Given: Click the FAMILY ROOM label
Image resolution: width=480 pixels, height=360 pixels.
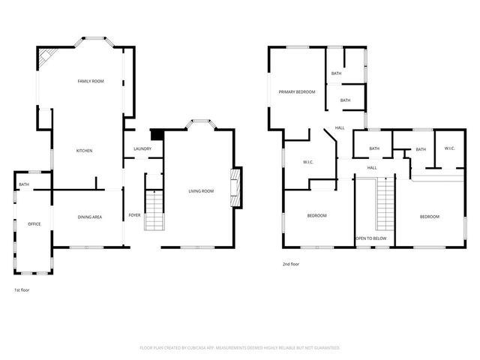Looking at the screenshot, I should click(91, 80).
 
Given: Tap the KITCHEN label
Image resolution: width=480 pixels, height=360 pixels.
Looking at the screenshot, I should click(85, 151).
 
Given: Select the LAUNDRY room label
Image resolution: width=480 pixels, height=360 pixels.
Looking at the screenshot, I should click(142, 148).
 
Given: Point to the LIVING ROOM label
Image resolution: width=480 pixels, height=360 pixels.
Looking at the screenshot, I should click(201, 191).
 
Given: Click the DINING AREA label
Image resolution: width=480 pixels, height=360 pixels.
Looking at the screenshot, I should click(90, 217).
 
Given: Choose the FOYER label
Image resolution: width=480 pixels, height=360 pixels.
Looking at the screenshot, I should click(134, 215).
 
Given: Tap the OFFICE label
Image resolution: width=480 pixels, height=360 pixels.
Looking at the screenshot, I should click(34, 223).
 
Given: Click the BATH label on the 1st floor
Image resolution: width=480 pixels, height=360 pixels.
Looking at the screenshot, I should click(24, 184).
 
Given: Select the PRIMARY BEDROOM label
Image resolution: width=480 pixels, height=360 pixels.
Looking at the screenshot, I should click(297, 91).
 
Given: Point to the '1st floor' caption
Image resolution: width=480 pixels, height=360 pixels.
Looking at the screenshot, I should click(22, 289).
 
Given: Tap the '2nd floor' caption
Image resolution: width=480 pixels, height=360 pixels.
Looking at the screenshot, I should click(291, 264).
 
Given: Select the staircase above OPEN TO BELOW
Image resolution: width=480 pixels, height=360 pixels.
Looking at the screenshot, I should click(385, 207).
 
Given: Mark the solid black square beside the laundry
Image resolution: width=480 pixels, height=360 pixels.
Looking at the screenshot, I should click(157, 135).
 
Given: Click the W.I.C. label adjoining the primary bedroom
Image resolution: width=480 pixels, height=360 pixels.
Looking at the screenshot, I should click(308, 162).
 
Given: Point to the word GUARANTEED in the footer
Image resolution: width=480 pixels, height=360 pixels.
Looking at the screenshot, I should click(323, 348).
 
